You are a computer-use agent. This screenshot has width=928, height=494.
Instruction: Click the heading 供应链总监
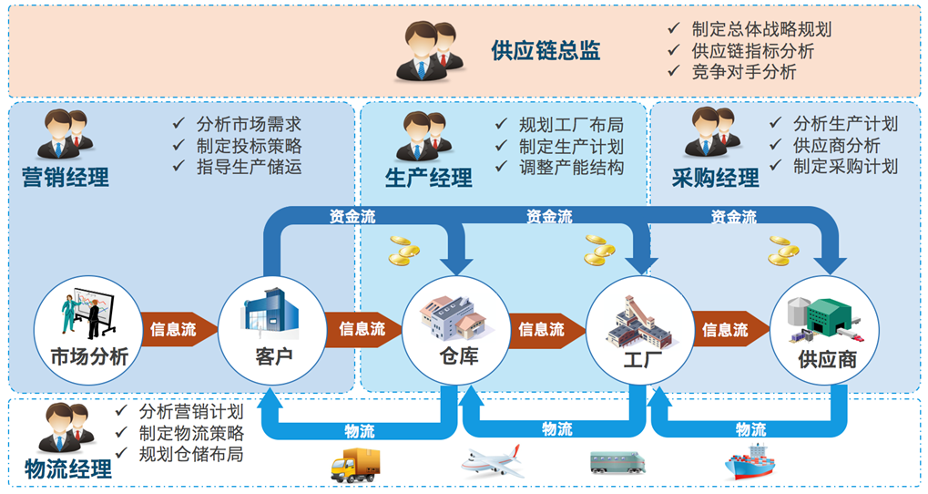coord(546,51)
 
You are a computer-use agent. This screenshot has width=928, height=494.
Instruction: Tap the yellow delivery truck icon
coord(355,465)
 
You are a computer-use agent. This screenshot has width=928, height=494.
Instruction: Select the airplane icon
coord(492,461)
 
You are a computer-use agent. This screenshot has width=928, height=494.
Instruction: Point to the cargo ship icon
coord(750,462)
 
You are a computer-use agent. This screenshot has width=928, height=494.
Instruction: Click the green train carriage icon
coord(617,462)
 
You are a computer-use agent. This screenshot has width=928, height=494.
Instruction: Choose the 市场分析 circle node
coord(88,330)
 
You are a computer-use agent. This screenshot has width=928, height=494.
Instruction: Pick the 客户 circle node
coord(272,330)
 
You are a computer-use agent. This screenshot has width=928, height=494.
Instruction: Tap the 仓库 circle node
coord(456,330)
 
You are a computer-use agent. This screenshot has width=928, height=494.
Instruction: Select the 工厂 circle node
coord(640,330)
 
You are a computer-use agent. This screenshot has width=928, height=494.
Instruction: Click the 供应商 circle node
coord(824,330)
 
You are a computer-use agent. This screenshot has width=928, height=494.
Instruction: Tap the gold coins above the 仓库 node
coord(403,251)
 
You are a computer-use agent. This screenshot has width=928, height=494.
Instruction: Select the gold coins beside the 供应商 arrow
coord(783,251)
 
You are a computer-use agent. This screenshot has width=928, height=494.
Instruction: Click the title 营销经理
coord(65,178)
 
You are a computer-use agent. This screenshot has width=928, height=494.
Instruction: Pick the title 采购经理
coord(715,178)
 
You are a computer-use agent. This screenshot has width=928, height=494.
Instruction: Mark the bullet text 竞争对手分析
coord(744,72)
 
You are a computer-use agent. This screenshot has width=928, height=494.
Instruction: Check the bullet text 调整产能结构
coord(571,168)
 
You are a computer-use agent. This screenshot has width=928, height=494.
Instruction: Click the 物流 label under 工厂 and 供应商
coord(750,429)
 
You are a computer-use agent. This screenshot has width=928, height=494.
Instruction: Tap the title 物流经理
coord(68,469)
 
